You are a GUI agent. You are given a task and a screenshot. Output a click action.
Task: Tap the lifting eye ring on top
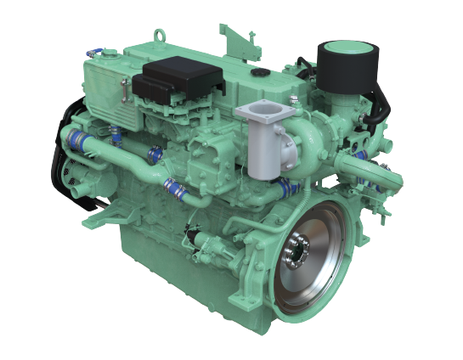click(x=157, y=36)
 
